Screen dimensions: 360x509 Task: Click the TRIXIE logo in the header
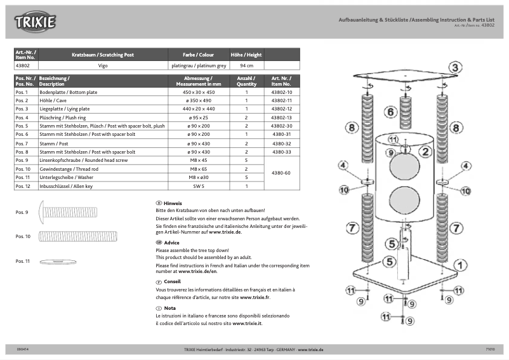[36, 23]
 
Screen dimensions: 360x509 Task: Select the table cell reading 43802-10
[281, 92]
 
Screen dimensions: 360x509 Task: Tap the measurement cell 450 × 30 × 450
[199, 92]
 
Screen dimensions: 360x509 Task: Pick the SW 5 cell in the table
[199, 187]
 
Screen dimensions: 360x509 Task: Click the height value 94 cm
[246, 65]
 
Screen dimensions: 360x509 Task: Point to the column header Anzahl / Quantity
[246, 81]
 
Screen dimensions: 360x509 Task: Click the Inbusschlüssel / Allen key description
[66, 187]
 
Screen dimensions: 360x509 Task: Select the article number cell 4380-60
[281, 173]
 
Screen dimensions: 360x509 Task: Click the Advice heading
[171, 243]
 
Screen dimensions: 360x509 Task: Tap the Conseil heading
[172, 281]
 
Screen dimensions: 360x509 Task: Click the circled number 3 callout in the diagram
[456, 66]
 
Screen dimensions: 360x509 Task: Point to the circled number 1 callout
[460, 265]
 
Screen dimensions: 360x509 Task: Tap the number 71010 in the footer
[489, 349]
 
